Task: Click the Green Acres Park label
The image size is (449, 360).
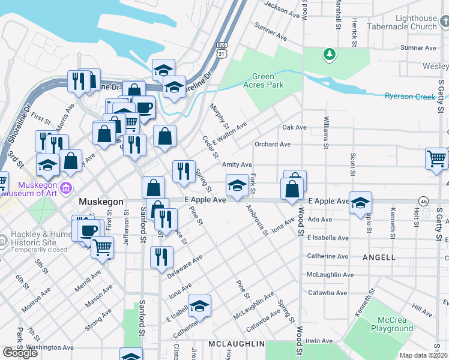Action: [x=267, y=81]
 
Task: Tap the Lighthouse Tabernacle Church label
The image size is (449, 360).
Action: [x=408, y=23]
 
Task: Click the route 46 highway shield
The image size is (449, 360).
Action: [x=424, y=200]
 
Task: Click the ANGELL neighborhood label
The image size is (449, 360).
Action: [x=379, y=257]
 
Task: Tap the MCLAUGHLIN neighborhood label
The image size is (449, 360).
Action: [x=237, y=344]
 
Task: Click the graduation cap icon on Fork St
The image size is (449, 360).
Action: [x=237, y=186]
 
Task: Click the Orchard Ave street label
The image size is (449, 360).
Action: [x=273, y=145]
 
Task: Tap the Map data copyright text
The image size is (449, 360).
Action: [x=423, y=355]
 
